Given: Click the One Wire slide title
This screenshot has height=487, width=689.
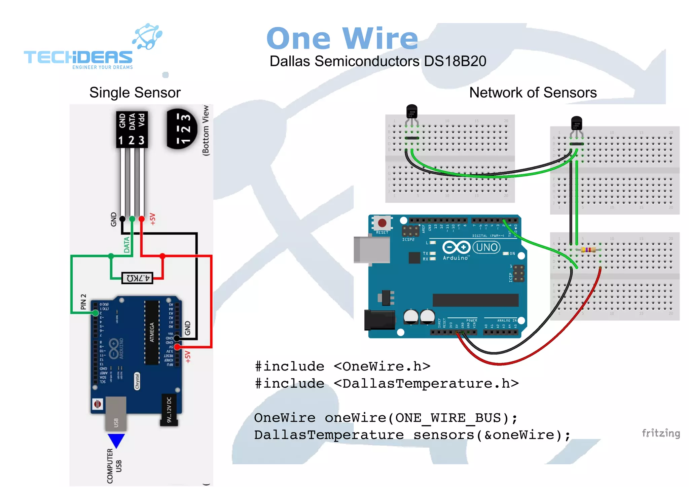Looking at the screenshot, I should (342, 39).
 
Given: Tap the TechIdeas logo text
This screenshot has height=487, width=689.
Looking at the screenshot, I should (78, 57).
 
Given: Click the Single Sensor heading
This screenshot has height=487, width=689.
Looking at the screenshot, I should (135, 93).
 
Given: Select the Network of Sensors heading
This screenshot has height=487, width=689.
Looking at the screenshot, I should (533, 93).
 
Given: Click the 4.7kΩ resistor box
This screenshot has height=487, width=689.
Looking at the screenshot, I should (137, 278).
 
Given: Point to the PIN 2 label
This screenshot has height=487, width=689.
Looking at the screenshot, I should (83, 302).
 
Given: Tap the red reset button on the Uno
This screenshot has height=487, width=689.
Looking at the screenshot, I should (382, 223).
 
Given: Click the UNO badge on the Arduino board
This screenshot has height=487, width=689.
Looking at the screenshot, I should (486, 247).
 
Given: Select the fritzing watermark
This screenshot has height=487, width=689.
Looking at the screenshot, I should (660, 433).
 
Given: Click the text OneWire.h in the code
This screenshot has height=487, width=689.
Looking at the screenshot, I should (382, 366).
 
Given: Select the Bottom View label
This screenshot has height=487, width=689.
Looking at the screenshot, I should (206, 130).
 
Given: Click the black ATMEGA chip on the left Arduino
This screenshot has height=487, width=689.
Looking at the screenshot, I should (152, 332).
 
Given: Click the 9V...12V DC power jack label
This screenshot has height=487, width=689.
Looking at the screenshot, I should (169, 409).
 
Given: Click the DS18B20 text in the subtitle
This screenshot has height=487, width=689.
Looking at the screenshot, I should (455, 61).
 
